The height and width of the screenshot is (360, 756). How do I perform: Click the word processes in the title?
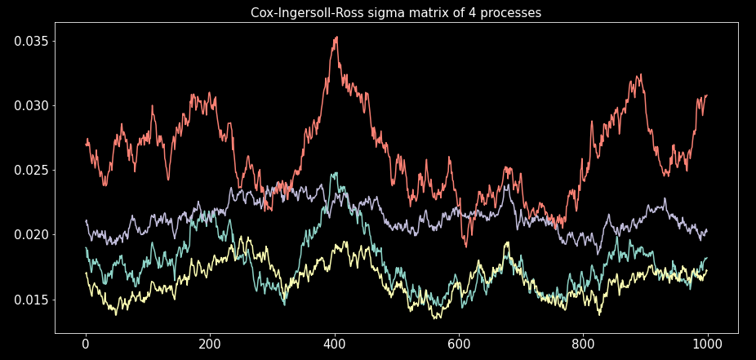(509, 13)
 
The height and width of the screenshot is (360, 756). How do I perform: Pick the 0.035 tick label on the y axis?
(30, 41)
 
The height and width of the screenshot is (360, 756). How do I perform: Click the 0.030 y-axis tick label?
(30, 105)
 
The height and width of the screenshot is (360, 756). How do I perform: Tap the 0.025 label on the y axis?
(30, 170)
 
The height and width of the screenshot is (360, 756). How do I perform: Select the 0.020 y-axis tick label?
(30, 234)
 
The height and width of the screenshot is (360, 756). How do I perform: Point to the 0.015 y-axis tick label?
(30, 299)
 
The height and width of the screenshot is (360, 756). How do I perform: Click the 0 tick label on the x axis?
(86, 345)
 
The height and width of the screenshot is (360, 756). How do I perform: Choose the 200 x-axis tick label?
(210, 345)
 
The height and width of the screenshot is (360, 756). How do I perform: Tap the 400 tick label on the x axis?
(334, 345)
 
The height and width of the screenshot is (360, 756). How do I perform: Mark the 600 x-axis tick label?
(458, 345)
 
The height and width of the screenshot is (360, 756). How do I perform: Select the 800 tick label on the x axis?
(582, 345)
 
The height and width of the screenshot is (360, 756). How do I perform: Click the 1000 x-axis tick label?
(707, 345)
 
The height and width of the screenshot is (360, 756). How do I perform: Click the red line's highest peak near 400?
(336, 37)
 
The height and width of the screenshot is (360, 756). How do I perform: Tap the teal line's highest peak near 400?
(334, 173)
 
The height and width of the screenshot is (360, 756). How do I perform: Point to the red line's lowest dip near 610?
(465, 246)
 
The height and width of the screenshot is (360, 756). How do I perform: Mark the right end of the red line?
(707, 96)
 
